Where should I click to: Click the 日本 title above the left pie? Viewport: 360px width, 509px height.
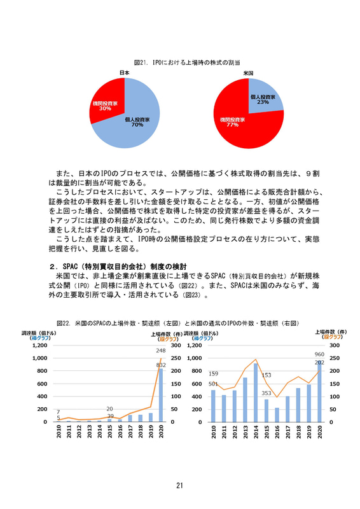125,73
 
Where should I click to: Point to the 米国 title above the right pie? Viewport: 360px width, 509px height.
248,73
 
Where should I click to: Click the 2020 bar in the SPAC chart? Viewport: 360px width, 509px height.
161,394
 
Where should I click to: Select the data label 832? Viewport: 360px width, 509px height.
161,365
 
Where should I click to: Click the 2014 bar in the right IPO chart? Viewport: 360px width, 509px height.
256,392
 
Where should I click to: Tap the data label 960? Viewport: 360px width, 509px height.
319,354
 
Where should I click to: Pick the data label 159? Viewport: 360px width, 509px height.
214,373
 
